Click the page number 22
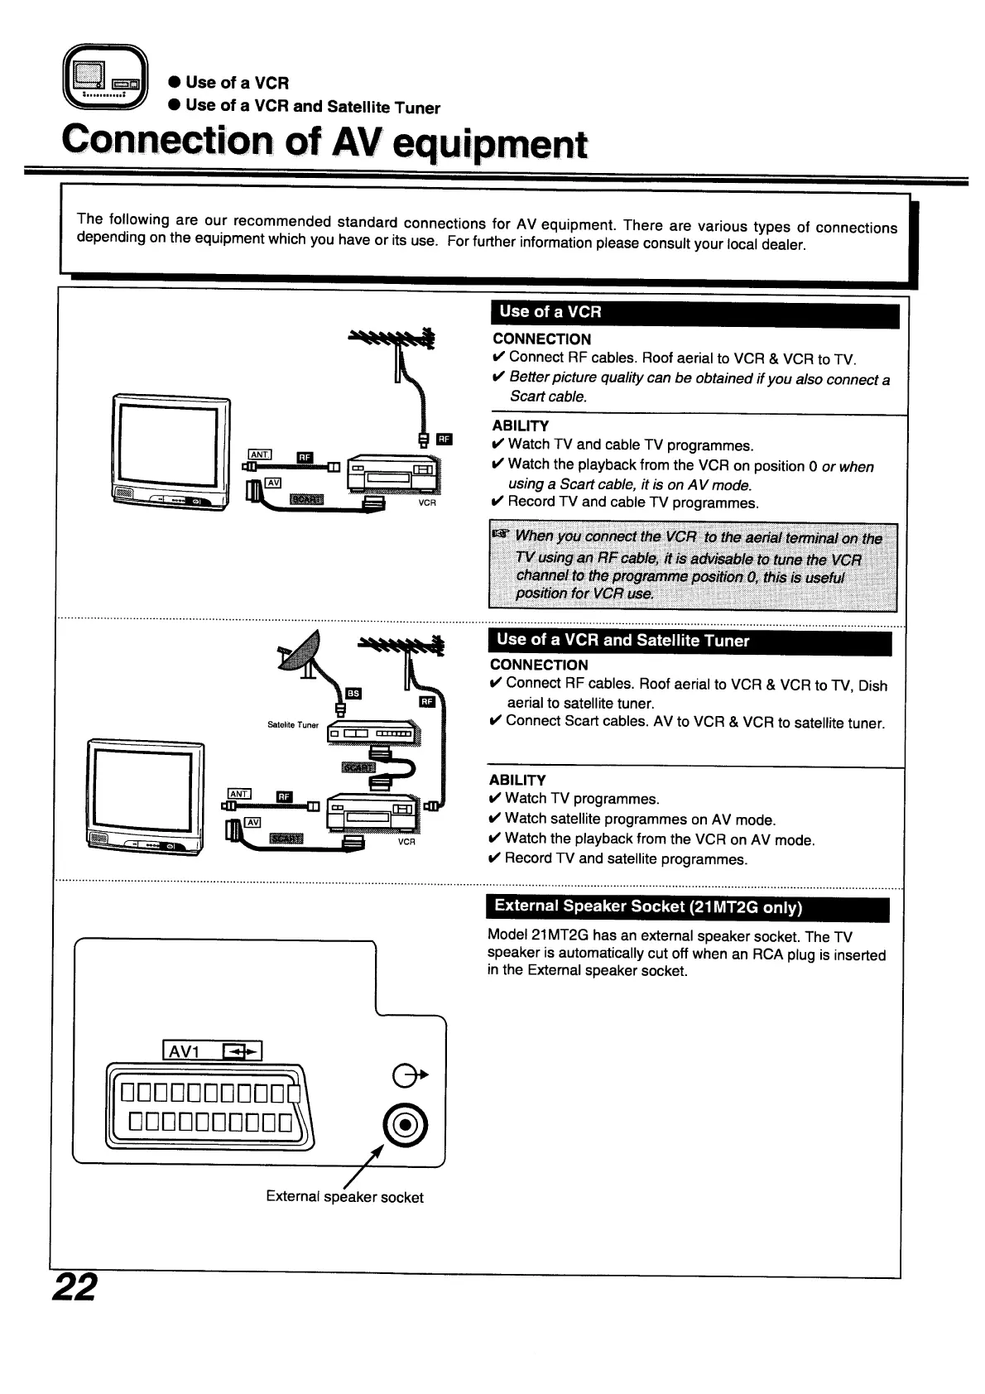[74, 1287]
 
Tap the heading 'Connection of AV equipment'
[325, 142]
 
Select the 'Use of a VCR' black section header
[694, 314]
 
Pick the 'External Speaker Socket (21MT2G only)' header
[687, 907]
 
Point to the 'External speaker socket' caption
[344, 1197]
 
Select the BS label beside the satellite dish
[353, 694]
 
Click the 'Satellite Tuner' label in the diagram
[293, 725]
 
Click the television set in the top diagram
[171, 454]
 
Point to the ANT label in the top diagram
[260, 454]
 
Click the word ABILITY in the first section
[520, 425]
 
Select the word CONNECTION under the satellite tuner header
[539, 665]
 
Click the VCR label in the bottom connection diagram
[406, 841]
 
